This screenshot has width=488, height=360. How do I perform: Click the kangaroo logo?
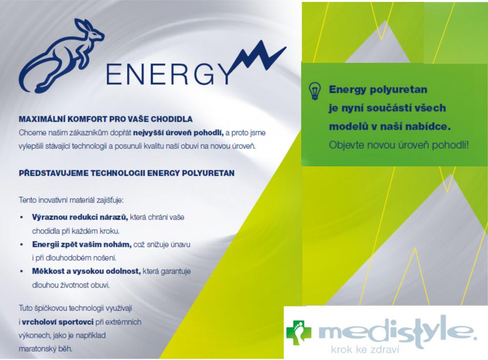tap(61, 56)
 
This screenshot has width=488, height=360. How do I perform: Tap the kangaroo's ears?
tap(83, 25)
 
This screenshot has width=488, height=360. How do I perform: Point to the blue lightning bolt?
tap(260, 59)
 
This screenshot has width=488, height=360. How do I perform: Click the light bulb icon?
tap(314, 91)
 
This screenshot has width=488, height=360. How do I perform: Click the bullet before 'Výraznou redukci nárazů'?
tap(21, 218)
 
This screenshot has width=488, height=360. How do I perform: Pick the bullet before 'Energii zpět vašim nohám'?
tap(21, 244)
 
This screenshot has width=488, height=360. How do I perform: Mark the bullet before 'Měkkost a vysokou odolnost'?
tap(21, 272)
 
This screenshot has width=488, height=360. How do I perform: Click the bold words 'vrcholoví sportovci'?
tap(58, 322)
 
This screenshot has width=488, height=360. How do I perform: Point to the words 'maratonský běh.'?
tap(45, 349)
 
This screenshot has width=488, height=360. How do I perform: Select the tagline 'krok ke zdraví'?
tap(365, 350)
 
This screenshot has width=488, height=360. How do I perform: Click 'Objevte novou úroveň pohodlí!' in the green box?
tap(399, 145)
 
